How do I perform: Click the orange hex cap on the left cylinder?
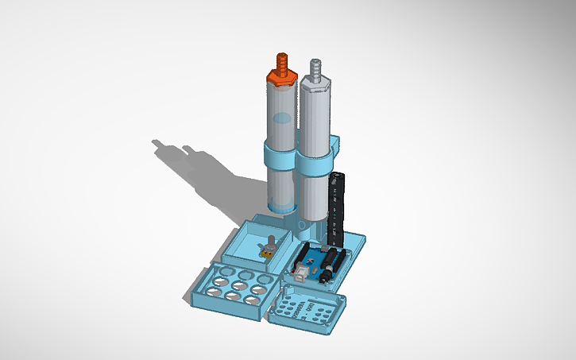click(280, 76)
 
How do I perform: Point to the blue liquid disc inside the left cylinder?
click(281, 119)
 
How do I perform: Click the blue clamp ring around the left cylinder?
click(278, 153)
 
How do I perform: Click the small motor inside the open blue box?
click(268, 249)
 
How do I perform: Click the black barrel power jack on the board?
click(325, 275)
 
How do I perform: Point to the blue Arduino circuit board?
click(317, 263)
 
